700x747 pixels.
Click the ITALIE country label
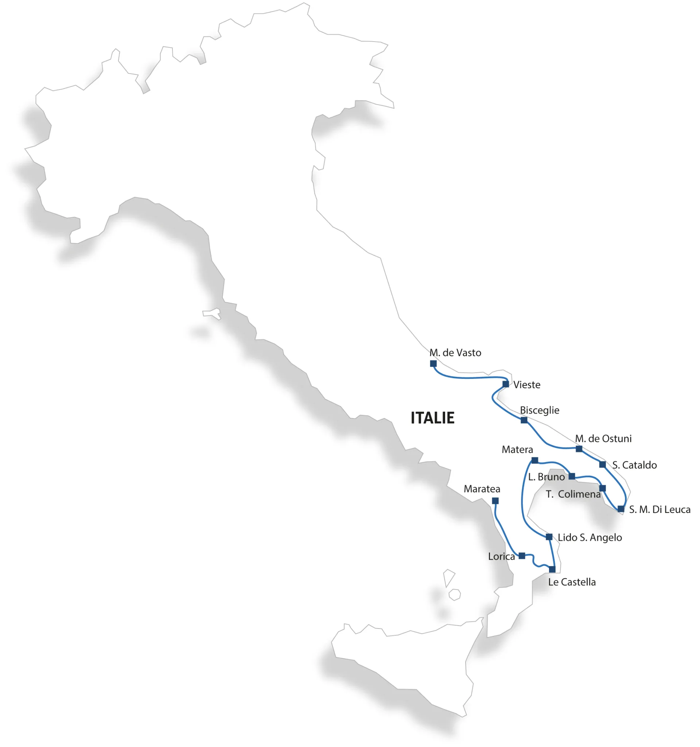tap(432, 418)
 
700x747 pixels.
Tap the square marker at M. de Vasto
tap(433, 364)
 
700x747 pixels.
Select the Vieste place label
tap(527, 385)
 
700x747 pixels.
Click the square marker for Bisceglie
tap(524, 420)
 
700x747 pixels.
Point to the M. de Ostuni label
tap(603, 439)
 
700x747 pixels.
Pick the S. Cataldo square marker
tap(602, 465)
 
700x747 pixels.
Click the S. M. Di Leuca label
tap(660, 510)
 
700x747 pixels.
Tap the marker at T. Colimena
tap(602, 489)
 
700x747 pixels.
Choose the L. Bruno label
tap(546, 477)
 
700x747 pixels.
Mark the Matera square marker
tap(535, 461)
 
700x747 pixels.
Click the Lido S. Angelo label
tap(590, 537)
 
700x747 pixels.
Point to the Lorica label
tap(501, 556)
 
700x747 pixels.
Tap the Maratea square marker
tap(495, 501)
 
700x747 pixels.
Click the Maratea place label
tap(482, 489)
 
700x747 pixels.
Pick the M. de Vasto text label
tap(455, 353)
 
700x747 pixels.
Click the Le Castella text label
tap(572, 582)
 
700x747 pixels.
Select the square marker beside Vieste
tap(506, 384)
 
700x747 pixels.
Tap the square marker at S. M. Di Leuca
tap(621, 509)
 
